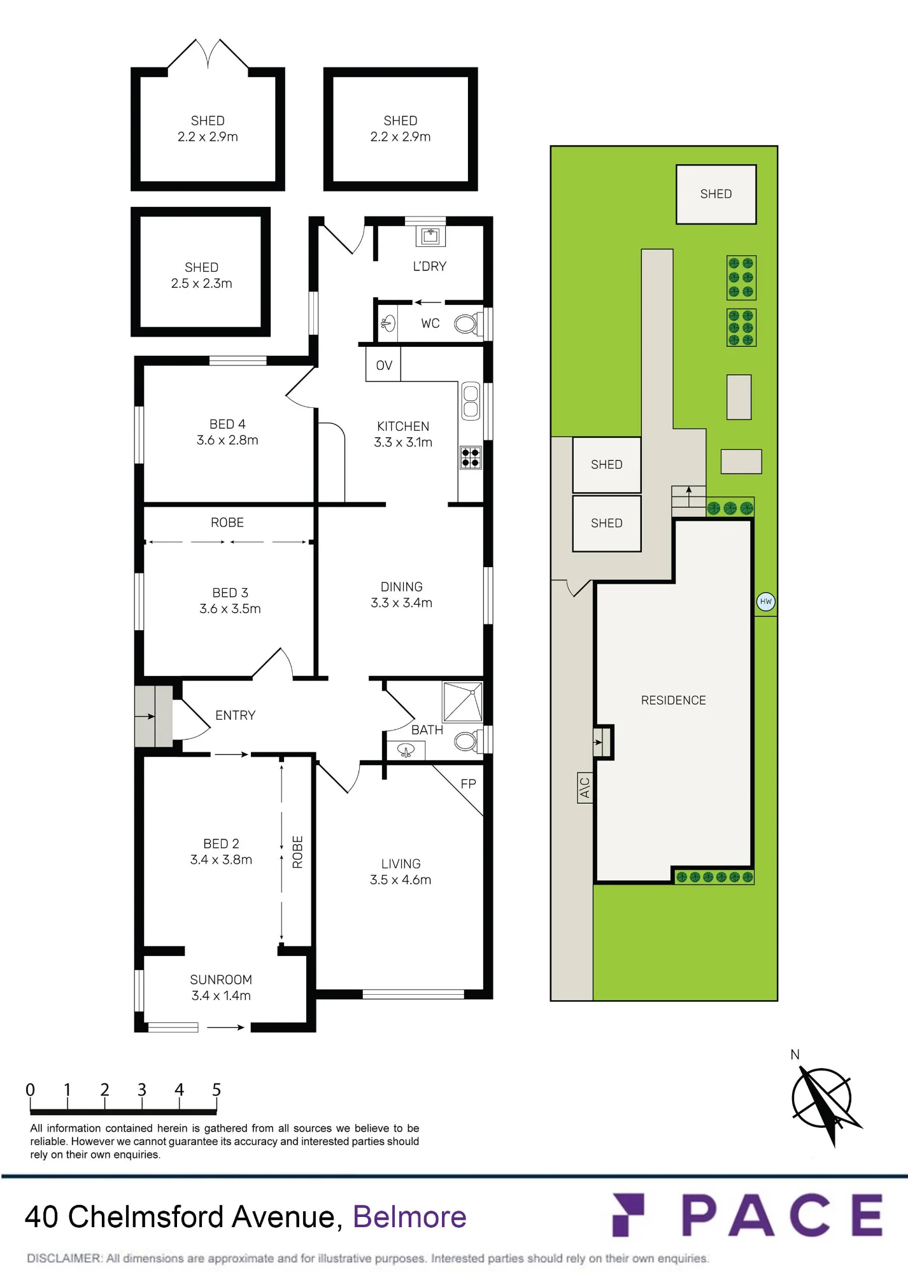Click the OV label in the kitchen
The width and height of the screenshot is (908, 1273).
click(384, 365)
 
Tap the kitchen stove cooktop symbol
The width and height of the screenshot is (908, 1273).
click(471, 458)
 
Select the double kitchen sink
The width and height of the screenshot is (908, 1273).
click(471, 401)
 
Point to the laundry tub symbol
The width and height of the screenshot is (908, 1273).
click(430, 236)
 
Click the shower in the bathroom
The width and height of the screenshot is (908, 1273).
click(463, 701)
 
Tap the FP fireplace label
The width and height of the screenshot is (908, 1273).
click(468, 784)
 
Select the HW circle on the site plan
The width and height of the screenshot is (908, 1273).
click(765, 601)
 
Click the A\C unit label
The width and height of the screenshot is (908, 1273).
click(585, 787)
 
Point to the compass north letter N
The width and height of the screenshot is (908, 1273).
click(795, 1055)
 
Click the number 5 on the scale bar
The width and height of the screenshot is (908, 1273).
click(216, 1090)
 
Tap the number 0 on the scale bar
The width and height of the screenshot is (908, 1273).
click(30, 1090)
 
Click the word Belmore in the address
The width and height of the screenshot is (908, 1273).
click(409, 1217)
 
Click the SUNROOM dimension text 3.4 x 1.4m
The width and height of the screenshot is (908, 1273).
click(221, 995)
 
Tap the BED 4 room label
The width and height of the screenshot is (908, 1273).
click(227, 424)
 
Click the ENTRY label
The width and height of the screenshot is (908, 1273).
click(235, 715)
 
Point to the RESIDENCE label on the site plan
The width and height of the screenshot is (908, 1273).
click(673, 700)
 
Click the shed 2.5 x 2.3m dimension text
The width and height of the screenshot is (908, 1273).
click(201, 283)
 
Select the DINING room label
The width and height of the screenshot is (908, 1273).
click(401, 587)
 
